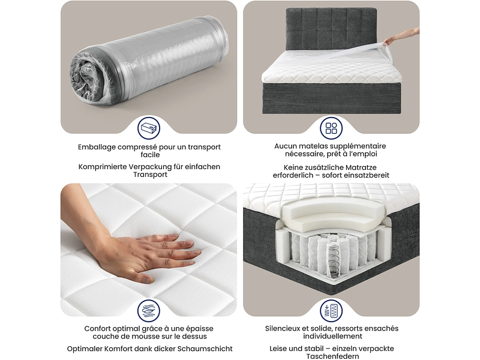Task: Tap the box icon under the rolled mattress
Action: pyautogui.click(x=149, y=128)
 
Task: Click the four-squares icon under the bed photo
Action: pyautogui.click(x=331, y=128)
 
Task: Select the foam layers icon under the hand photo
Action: pyautogui.click(x=149, y=310)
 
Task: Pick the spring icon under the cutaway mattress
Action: pyautogui.click(x=331, y=310)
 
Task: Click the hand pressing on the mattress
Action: pyautogui.click(x=138, y=251)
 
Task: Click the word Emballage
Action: pyautogui.click(x=97, y=147)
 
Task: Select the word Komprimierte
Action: pyautogui.click(x=103, y=167)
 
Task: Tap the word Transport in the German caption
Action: pyautogui.click(x=151, y=175)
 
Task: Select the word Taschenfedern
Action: pyautogui.click(x=332, y=356)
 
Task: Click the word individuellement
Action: pyautogui.click(x=332, y=336)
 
